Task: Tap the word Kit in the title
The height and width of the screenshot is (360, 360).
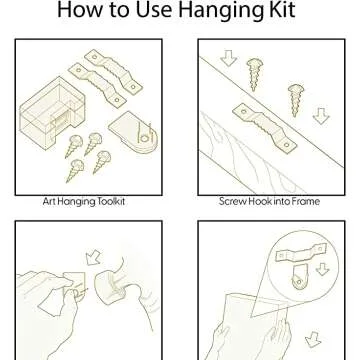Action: click(x=282, y=9)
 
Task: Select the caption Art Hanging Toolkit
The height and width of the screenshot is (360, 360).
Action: click(x=84, y=202)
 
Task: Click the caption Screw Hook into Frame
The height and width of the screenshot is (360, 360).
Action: click(x=269, y=201)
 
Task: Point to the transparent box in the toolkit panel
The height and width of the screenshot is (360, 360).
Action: click(x=52, y=113)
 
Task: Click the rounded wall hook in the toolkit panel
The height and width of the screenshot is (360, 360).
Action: click(x=133, y=131)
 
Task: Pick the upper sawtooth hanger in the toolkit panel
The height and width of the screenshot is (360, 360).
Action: click(x=113, y=71)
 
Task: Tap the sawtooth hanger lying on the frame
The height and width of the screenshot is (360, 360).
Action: click(x=264, y=128)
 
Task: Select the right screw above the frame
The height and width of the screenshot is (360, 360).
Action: click(x=296, y=100)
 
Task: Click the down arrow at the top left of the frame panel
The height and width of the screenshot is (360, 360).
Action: click(x=229, y=58)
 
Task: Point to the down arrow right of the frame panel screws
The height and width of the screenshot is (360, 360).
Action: click(x=321, y=116)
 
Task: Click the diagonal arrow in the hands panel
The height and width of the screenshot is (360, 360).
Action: click(x=93, y=257)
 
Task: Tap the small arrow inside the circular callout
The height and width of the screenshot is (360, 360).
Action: click(x=322, y=269)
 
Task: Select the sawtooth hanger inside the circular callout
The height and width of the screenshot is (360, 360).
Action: click(x=301, y=252)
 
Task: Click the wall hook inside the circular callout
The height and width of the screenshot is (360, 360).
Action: click(x=299, y=277)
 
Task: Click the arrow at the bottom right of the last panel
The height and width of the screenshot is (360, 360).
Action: click(x=313, y=339)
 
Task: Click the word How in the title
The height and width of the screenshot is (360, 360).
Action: click(x=77, y=9)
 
